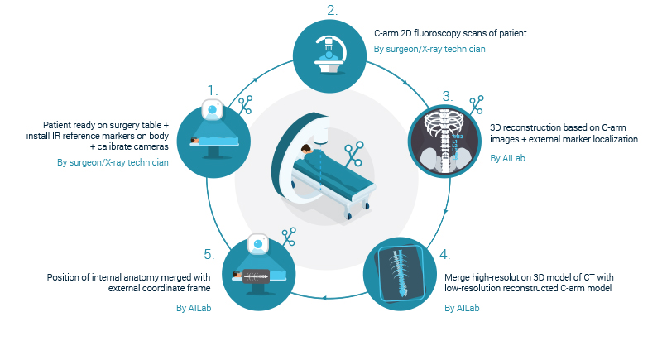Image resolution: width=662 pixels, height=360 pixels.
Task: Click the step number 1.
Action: [213, 91]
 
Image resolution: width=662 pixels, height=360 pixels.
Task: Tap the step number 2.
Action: [333, 11]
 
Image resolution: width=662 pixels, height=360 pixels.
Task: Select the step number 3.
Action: [448, 97]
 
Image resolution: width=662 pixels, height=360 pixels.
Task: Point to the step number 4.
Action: [444, 255]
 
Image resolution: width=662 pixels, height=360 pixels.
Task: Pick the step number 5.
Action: [209, 255]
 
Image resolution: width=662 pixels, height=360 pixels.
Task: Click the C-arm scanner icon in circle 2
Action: [329, 55]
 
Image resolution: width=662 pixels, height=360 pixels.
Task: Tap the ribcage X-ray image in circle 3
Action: [444, 142]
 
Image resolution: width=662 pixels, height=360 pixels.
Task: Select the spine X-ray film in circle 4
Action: [399, 273]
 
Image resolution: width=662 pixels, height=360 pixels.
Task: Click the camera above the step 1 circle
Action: [213, 110]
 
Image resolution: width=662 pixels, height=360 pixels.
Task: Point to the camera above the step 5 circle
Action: [258, 244]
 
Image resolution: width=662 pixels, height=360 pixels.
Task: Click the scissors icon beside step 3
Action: [477, 104]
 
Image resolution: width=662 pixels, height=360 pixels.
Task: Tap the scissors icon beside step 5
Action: [289, 237]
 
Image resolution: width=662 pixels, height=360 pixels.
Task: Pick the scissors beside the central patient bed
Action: [354, 154]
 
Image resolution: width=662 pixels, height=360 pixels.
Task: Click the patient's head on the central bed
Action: [306, 149]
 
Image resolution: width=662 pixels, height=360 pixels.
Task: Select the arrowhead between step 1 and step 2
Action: [255, 80]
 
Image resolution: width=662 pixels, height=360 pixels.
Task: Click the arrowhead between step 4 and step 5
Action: [324, 298]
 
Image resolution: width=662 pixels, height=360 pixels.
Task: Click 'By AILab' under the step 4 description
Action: [462, 308]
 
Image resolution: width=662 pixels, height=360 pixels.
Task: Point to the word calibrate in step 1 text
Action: [113, 146]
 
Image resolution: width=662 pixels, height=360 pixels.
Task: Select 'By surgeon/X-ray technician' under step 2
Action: [429, 49]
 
